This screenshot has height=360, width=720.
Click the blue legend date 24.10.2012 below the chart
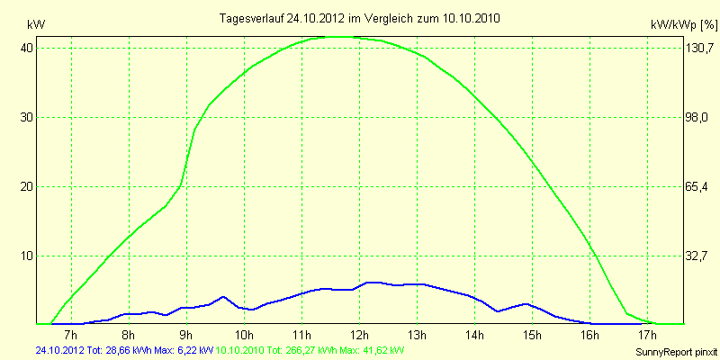coord(59,349)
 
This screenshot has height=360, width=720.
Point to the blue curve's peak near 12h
coord(371,283)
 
